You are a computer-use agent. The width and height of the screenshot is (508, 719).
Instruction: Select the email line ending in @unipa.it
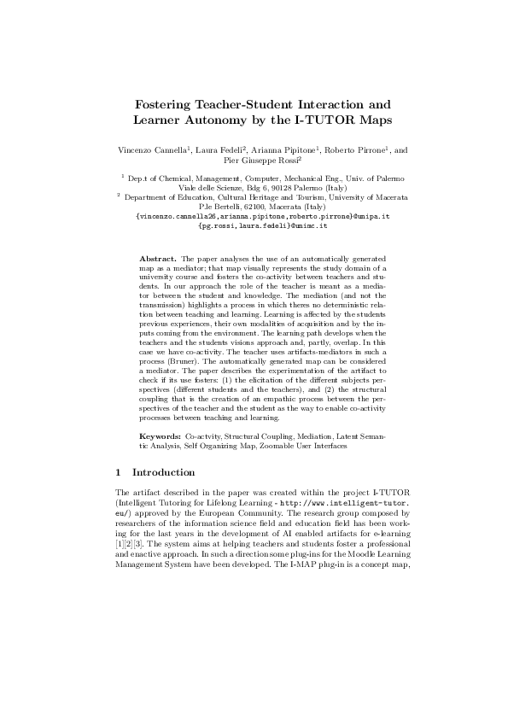pos(262,217)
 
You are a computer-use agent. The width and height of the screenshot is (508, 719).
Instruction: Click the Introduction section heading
pos(163,472)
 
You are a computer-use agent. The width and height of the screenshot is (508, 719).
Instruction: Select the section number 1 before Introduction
pos(118,472)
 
